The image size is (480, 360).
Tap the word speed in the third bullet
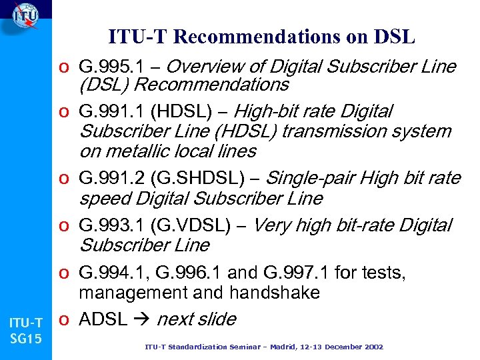(x=105, y=199)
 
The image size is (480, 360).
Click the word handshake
(x=277, y=293)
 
